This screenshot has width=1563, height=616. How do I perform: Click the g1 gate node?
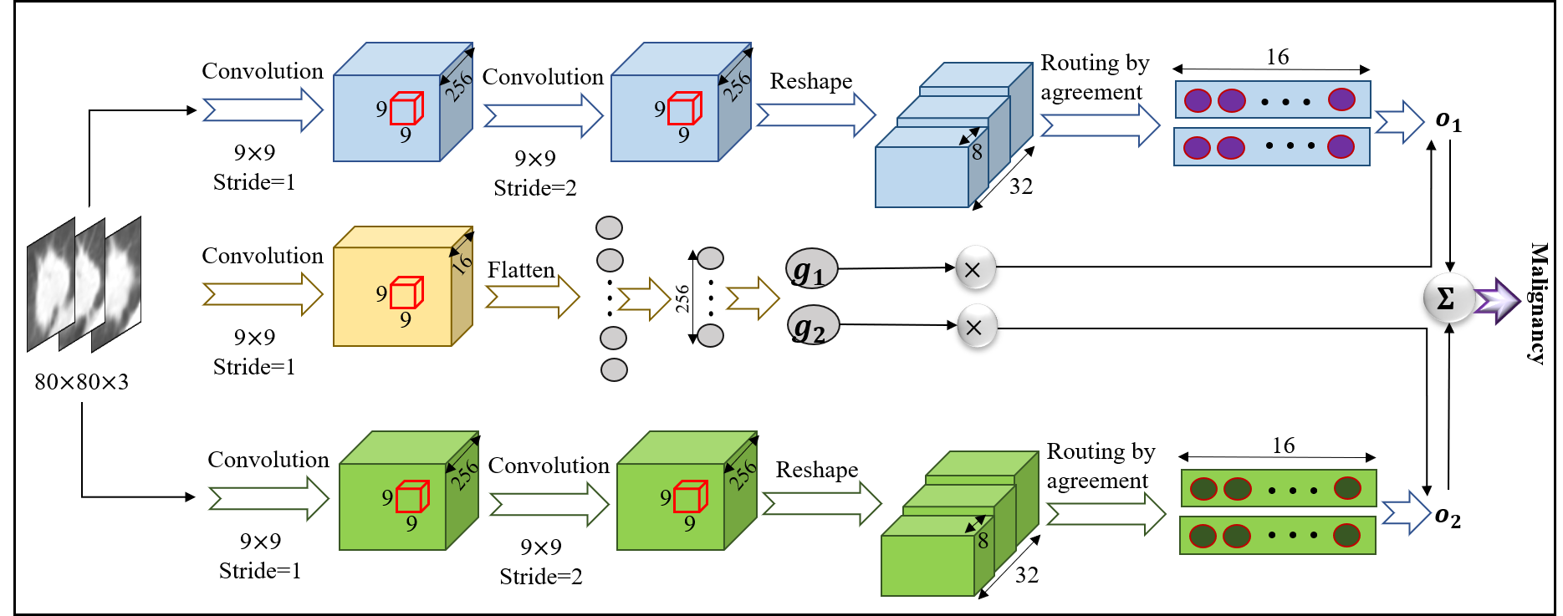click(x=811, y=269)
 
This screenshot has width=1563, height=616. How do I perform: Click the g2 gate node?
click(x=813, y=326)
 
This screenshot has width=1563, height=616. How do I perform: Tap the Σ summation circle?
click(x=1448, y=298)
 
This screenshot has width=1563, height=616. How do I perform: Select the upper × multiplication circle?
click(x=975, y=267)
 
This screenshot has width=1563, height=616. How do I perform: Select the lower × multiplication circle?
click(x=977, y=326)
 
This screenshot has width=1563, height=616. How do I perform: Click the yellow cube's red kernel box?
click(x=406, y=293)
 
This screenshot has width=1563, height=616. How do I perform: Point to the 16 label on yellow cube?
click(x=462, y=263)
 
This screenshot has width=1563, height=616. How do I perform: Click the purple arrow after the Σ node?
click(x=1498, y=301)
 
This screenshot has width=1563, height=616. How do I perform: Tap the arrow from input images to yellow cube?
click(x=262, y=294)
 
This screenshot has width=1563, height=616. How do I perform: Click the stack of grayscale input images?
click(x=84, y=284)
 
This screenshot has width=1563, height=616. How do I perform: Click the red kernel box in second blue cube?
click(x=684, y=108)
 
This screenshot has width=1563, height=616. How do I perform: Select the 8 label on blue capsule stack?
click(x=977, y=152)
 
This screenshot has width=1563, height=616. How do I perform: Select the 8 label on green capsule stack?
click(x=983, y=541)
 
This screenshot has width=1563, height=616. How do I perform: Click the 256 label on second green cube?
click(x=743, y=474)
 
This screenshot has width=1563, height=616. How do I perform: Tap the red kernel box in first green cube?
click(x=412, y=496)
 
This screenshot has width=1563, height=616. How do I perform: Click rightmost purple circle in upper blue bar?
click(x=1341, y=99)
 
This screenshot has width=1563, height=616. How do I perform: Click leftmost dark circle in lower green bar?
click(x=1203, y=536)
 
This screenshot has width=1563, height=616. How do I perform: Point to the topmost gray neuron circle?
click(x=609, y=227)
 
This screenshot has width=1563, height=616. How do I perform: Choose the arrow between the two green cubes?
click(x=549, y=504)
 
